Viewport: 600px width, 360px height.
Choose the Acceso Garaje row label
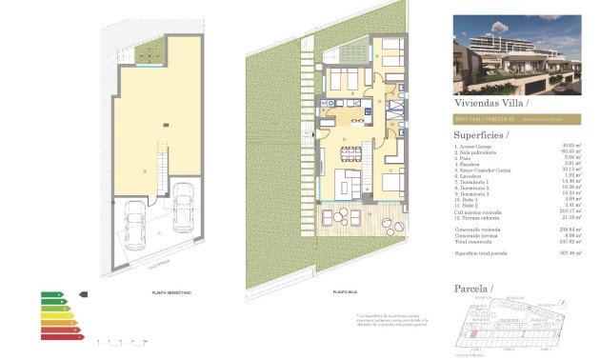pos(474,146)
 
